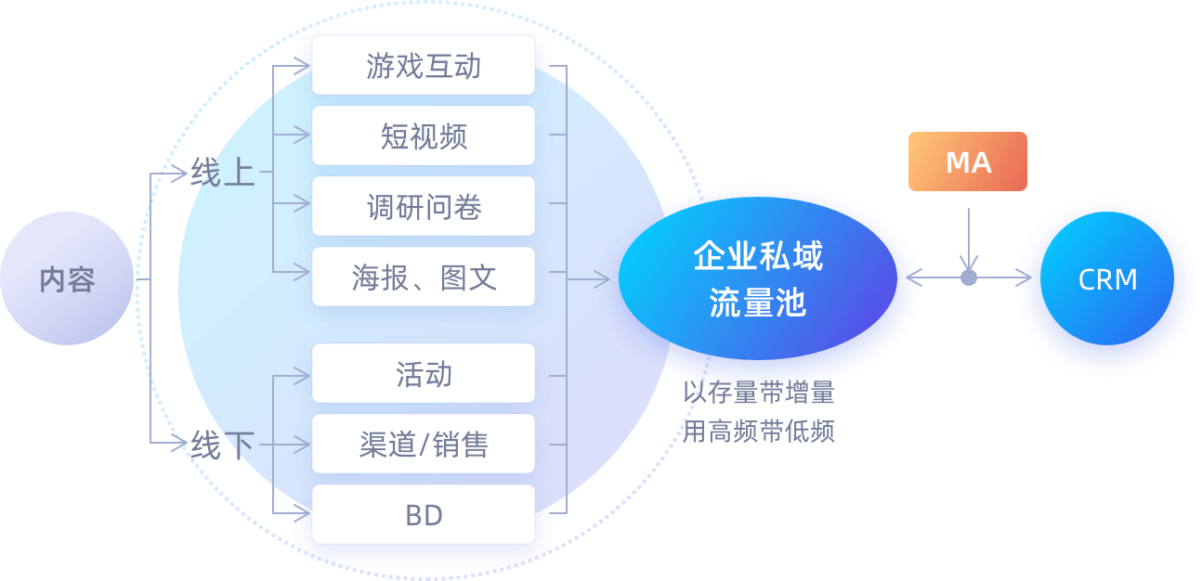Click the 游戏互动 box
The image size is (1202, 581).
point(424,66)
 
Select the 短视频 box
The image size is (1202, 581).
point(424,136)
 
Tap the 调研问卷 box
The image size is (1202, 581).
point(424,207)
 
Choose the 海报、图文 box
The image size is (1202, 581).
point(424,278)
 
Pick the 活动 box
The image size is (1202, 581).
point(424,374)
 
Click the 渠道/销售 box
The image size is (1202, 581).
point(424,445)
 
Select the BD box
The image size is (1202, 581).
point(424,515)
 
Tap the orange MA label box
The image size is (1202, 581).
point(968,162)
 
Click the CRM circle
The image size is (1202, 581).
point(1107,279)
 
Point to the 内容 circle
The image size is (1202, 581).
point(67,279)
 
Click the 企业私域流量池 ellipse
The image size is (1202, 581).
point(757,279)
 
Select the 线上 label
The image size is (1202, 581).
point(223,173)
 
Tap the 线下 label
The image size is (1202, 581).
point(223,445)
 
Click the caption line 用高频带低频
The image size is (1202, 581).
point(759,431)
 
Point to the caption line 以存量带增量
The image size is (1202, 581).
point(759,393)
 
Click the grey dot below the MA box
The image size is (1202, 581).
point(969,278)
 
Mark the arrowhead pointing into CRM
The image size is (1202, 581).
point(1025,278)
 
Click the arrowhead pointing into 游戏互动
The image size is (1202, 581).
point(303,66)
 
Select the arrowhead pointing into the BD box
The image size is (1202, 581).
point(303,512)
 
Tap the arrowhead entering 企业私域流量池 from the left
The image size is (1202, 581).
point(603,278)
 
